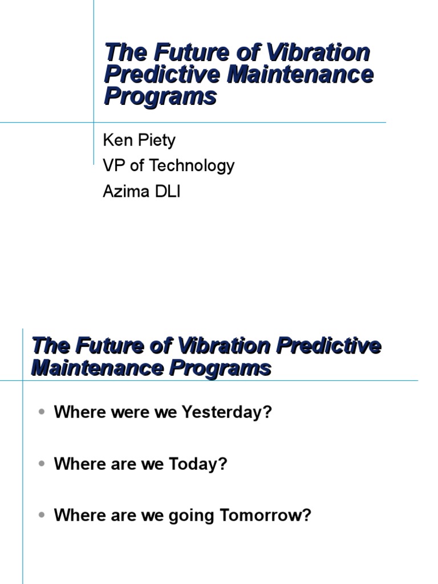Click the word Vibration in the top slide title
318,52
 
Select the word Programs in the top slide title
160,96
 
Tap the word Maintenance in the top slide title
300,74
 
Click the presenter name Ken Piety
139,140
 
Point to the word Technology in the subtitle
192,165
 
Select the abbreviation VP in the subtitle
114,165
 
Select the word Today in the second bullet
198,464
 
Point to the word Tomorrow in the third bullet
265,516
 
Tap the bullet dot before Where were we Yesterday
42,412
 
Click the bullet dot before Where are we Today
42,464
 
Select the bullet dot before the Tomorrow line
42,515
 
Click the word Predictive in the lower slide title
329,345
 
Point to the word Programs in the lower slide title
220,368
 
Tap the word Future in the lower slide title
109,345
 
